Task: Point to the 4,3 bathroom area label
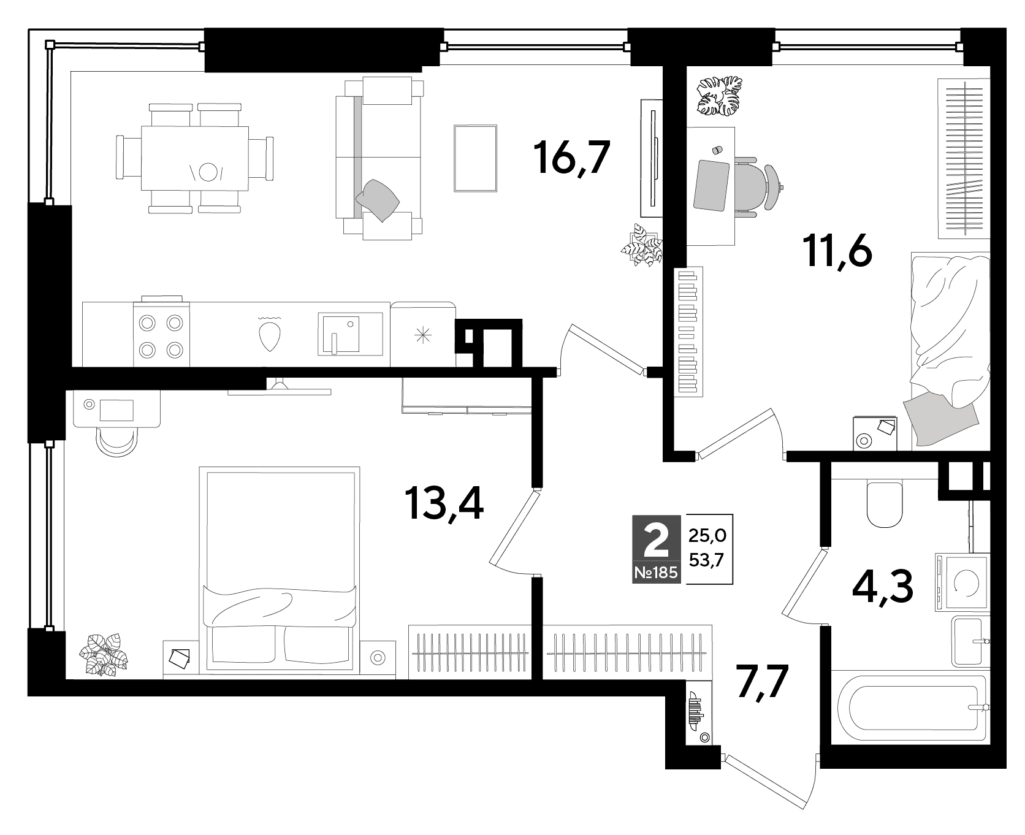[883, 587]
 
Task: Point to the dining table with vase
[195, 158]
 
